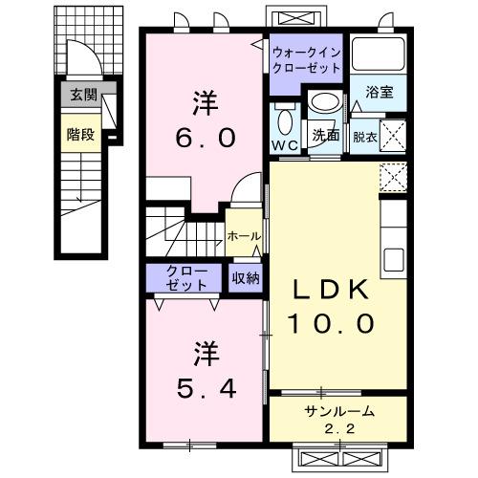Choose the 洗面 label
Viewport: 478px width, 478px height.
click(x=326, y=135)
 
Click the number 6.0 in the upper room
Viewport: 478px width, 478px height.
click(x=205, y=137)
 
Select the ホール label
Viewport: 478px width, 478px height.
click(x=245, y=235)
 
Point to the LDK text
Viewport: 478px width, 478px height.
click(x=325, y=288)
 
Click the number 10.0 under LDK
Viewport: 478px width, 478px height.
click(x=325, y=323)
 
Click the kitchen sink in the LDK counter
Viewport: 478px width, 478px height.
click(x=394, y=258)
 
